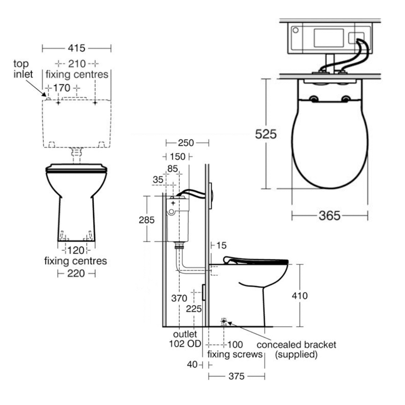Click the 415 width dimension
[76, 48]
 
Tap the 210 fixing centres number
[77, 64]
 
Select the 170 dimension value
[62, 88]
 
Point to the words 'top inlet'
[23, 69]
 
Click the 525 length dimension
[265, 134]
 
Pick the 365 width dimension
[330, 216]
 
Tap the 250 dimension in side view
[186, 143]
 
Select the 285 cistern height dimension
[146, 220]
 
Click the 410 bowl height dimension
[300, 296]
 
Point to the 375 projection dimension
[236, 376]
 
